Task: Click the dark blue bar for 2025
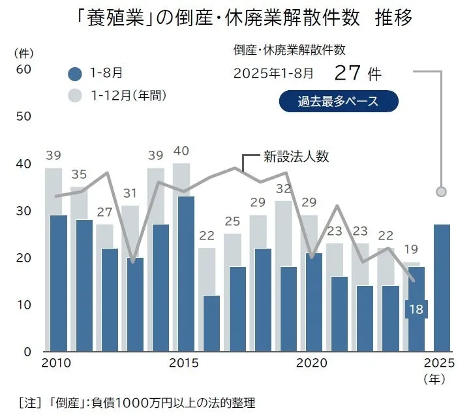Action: (442, 288)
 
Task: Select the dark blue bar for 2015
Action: (186, 273)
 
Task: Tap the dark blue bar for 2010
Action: (58, 283)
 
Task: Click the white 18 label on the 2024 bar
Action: (416, 309)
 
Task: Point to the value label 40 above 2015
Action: (181, 151)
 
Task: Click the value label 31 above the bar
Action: (130, 193)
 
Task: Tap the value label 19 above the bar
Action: (410, 249)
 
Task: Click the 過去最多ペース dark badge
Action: (338, 101)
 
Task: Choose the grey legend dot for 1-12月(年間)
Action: (75, 95)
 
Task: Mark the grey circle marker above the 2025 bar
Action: (441, 191)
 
